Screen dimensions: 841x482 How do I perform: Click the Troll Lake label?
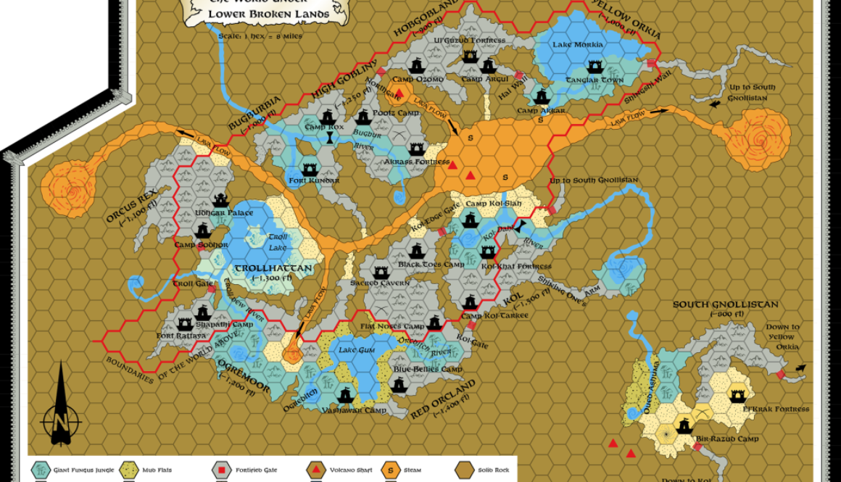[278, 242]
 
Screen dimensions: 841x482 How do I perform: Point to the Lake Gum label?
[357, 350]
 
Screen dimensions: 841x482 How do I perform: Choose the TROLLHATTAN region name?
[273, 268]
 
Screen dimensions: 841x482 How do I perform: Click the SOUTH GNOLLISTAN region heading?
[725, 304]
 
